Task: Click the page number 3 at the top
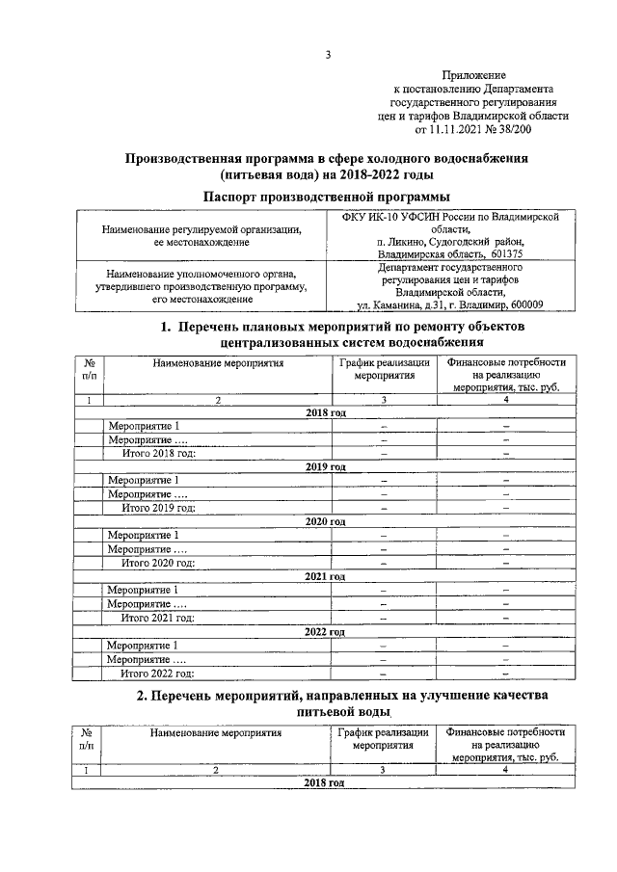327,54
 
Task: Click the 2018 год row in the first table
325,412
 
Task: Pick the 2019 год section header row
325,466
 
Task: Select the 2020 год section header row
325,521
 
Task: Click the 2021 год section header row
325,576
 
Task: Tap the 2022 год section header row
325,631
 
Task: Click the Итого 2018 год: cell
158,453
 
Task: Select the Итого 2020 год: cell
158,563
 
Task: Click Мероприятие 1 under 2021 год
144,590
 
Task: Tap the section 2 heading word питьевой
324,712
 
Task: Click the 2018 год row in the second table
325,783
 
